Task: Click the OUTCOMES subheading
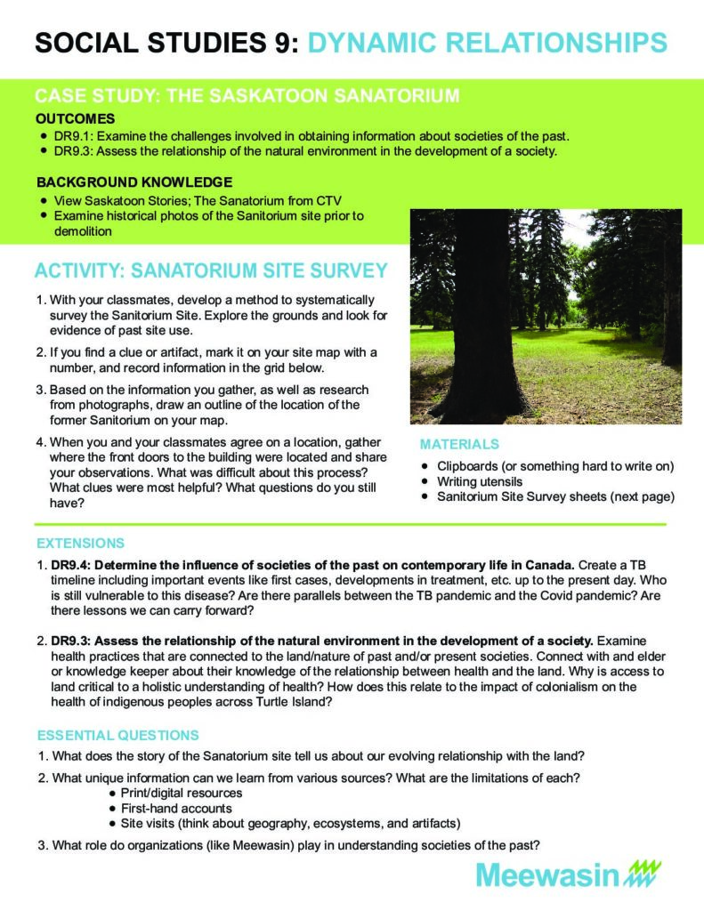click(75, 118)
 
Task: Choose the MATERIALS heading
click(459, 444)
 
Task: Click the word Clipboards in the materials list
click(470, 466)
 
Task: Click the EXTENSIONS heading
click(81, 543)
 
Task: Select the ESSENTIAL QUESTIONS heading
click(117, 735)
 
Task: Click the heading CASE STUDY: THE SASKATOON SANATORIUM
click(247, 96)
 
